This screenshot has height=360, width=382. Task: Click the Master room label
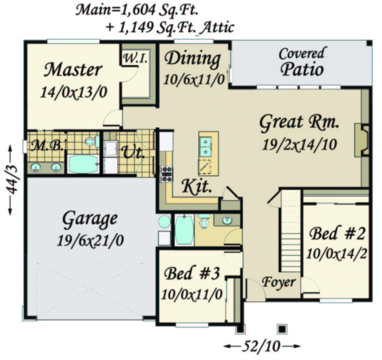click(73, 70)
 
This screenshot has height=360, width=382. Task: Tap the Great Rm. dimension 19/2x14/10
click(299, 145)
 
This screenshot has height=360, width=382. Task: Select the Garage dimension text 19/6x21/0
click(90, 241)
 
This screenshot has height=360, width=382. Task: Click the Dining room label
click(193, 59)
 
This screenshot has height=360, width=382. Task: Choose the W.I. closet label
click(136, 58)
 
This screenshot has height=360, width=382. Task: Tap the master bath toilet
click(92, 141)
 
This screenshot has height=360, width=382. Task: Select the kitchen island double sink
click(205, 147)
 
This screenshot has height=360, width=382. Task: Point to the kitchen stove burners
click(167, 174)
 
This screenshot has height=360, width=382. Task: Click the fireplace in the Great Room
click(362, 140)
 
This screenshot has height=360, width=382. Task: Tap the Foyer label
click(279, 282)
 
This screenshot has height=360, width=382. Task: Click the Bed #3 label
click(192, 273)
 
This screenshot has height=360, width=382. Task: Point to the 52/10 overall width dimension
click(261, 346)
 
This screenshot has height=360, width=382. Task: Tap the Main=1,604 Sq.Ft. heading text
click(137, 10)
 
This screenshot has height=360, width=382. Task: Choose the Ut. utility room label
click(133, 153)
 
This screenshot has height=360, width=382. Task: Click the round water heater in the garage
click(164, 222)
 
